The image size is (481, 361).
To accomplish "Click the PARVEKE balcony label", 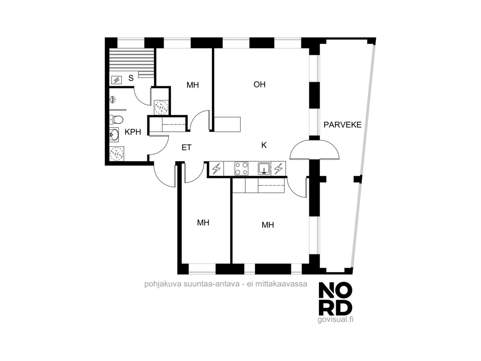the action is tap(342, 125).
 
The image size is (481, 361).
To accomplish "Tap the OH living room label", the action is tap(260, 85).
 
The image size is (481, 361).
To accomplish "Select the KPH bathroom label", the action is tap(133, 132).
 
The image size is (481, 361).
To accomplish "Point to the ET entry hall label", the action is tap(187, 148).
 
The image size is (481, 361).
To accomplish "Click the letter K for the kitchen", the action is tap(264, 145).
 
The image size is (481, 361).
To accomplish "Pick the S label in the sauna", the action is tap(131, 78).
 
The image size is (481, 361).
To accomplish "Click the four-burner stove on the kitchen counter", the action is tap(241, 169).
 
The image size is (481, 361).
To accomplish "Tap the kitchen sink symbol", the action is tap(264, 168).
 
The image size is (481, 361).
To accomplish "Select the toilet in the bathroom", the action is tap(116, 120).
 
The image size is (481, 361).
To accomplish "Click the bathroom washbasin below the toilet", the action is tap(114, 134).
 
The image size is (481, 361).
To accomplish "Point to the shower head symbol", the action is tap(113, 100).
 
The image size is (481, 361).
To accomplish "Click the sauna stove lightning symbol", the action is tap(117, 80).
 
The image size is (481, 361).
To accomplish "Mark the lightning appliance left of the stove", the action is tap(217, 169).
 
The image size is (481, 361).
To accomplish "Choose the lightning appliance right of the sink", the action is tap(278, 169).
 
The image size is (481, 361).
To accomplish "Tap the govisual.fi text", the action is tap(335, 320).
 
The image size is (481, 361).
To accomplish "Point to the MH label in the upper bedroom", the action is tap(193, 85).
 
